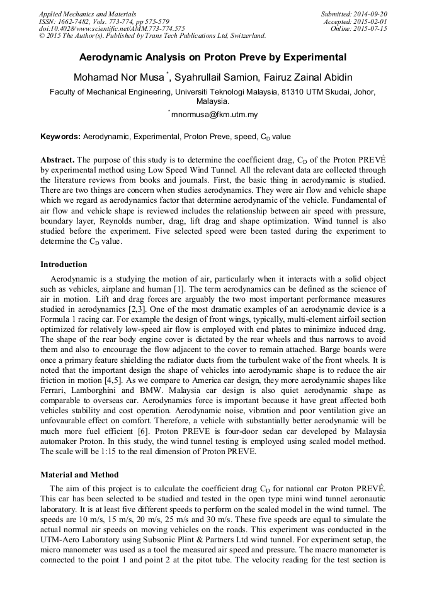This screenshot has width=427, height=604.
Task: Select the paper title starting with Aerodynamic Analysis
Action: point(213,57)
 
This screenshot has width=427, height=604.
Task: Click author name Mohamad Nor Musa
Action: point(118,77)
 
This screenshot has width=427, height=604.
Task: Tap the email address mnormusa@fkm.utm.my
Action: point(215,115)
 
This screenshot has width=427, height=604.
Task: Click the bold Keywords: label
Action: point(60,137)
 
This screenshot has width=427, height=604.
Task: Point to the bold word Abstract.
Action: point(57,160)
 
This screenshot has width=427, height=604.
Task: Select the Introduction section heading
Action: point(64,265)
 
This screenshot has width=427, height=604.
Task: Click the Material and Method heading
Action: point(79,474)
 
